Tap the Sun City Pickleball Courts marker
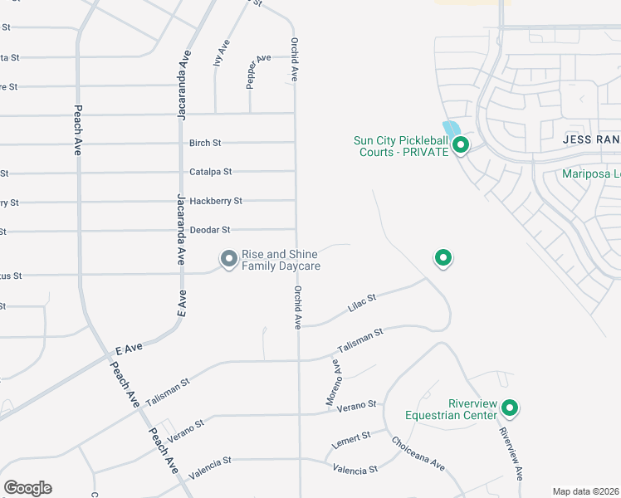pos(461,146)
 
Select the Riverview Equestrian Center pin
pos(510,408)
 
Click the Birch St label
pos(205,143)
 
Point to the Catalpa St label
pos(211,172)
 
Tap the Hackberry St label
pos(216,201)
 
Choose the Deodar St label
pos(209,230)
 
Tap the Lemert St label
pos(352,437)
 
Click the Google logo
pos(27,488)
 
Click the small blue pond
pos(452,129)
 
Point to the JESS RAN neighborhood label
pos(590,140)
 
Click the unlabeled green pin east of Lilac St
pos(444,258)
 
